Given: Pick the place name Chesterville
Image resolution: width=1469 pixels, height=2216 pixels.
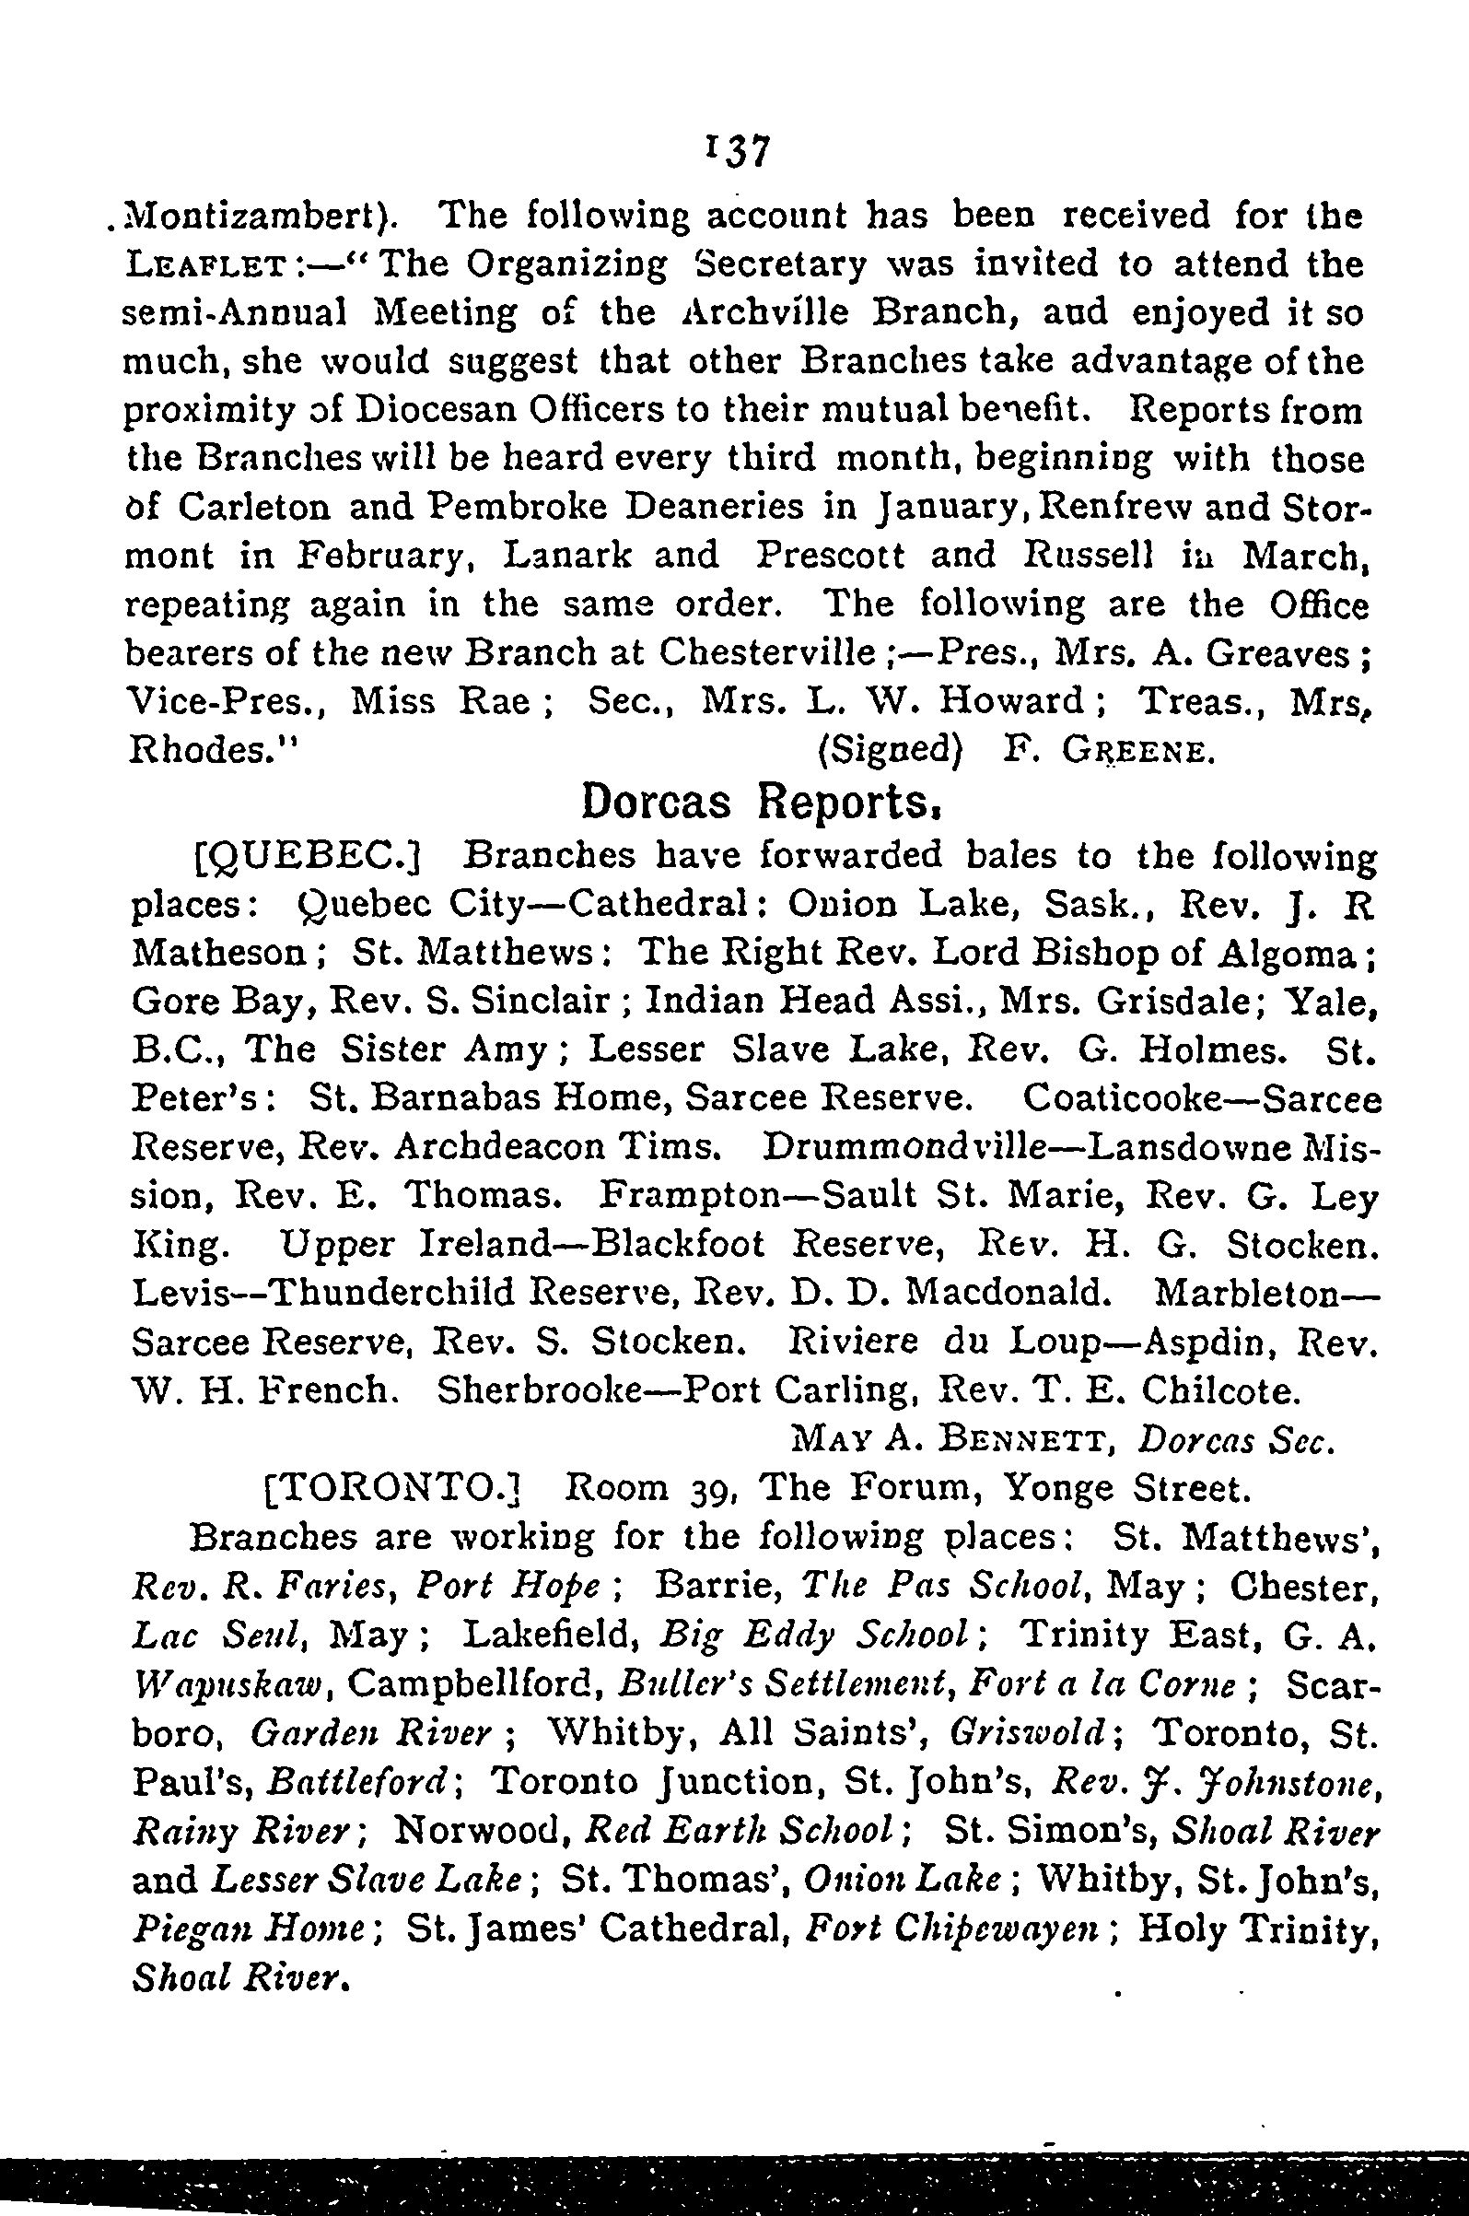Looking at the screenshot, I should click(x=766, y=652).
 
